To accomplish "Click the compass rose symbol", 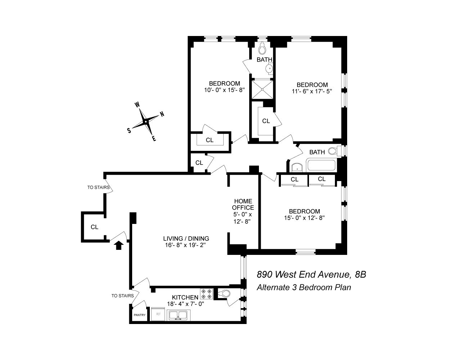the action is (145, 122).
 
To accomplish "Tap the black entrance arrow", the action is (118, 245).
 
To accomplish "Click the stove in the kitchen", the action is (206, 294).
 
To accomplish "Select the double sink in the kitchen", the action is (178, 316).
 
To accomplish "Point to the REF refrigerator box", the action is (158, 314).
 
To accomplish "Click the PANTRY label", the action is (139, 315).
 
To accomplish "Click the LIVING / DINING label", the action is (186, 238).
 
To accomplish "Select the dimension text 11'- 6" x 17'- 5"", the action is (312, 91).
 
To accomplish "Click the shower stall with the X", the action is (262, 89).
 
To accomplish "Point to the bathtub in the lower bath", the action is (321, 166).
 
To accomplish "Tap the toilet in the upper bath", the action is (263, 49).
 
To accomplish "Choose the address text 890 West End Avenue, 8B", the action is (311, 275).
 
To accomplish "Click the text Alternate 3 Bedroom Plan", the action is (304, 288).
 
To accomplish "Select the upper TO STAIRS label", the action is (99, 187).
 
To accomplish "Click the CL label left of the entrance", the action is (94, 227).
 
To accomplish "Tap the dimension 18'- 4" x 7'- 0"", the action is (185, 303).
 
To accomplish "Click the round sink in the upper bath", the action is (269, 68).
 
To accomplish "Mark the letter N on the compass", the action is (162, 114).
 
